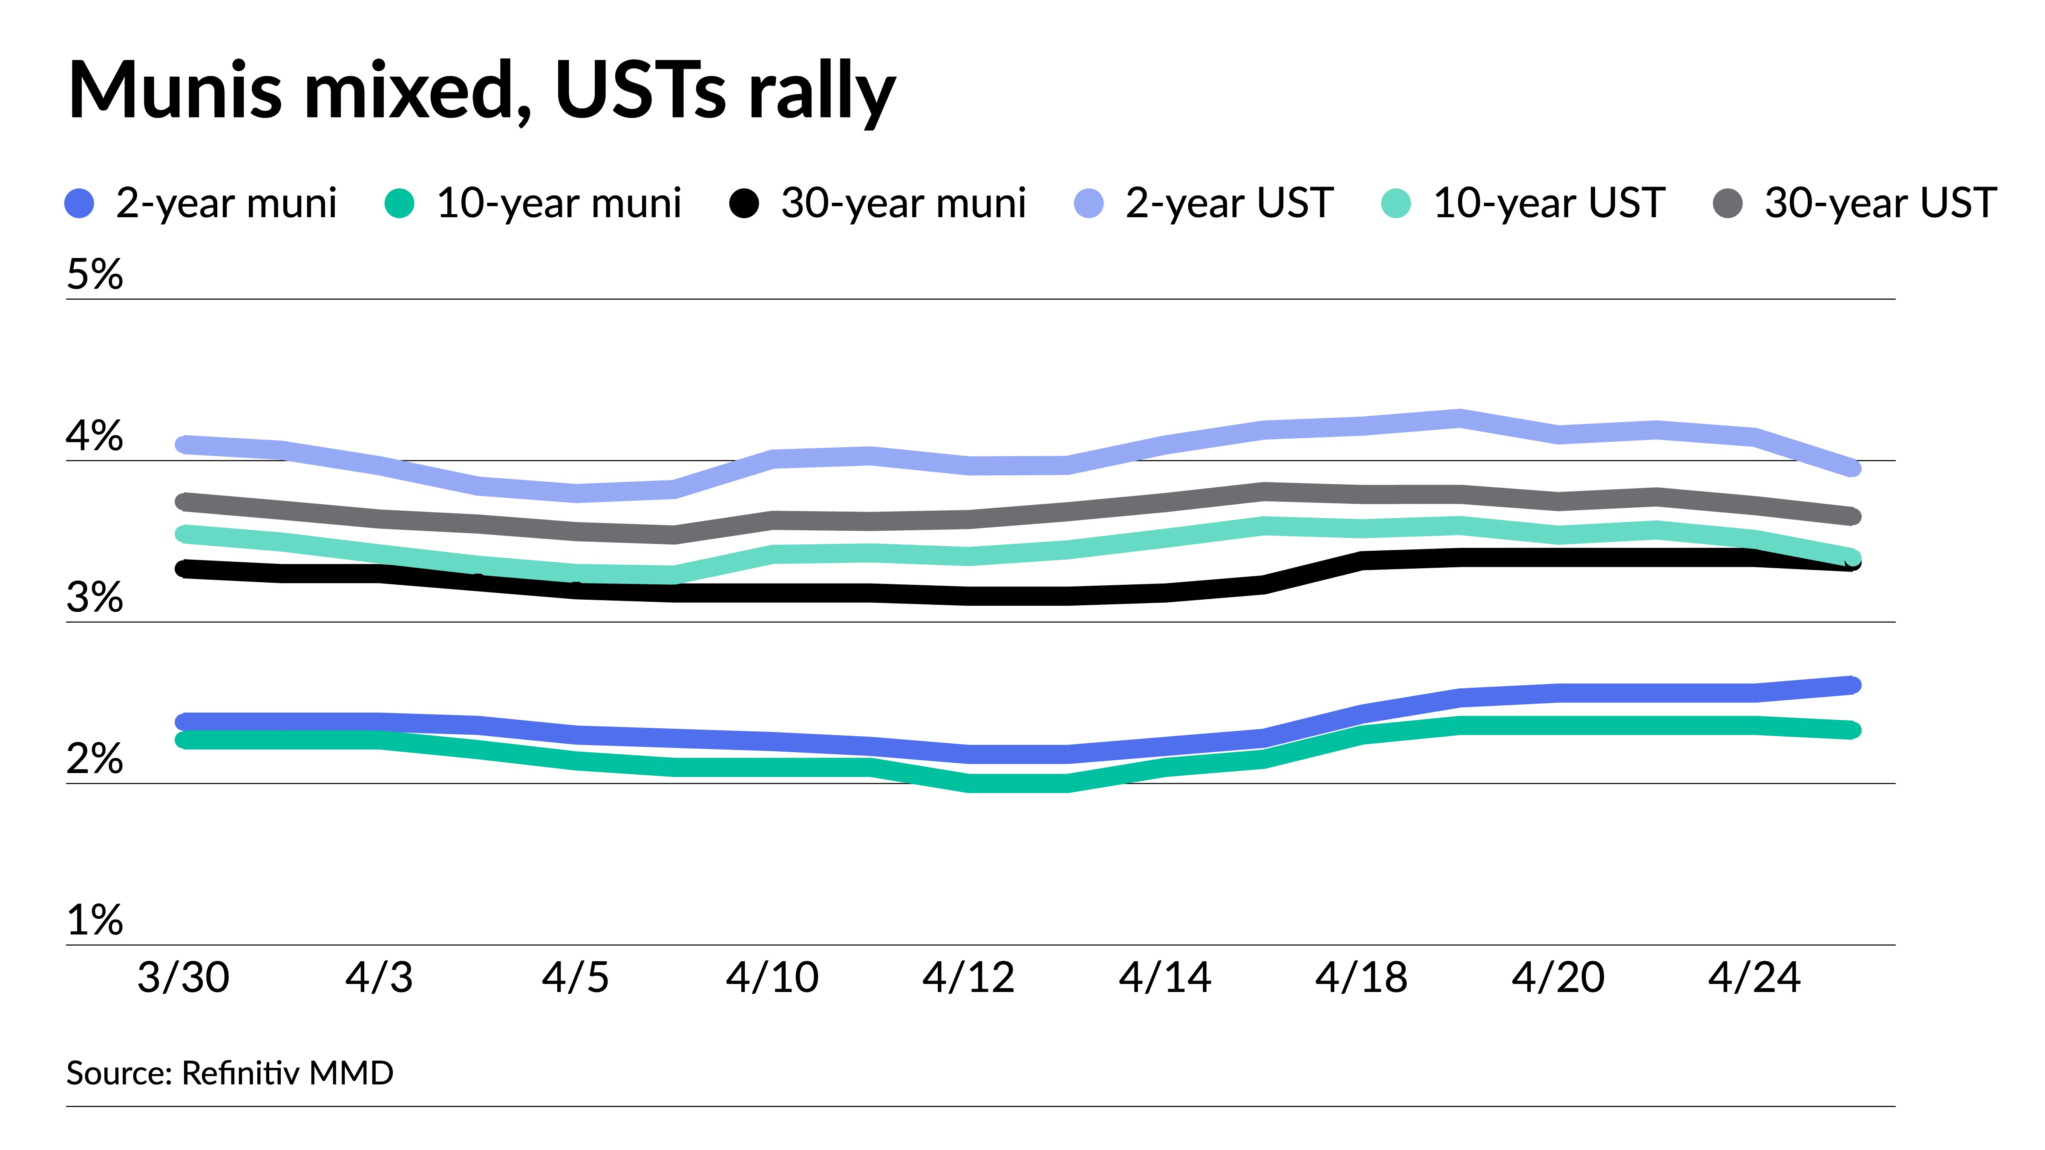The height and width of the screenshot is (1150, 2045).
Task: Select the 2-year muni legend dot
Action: point(79,203)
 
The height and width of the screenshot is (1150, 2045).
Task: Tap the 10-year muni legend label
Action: point(559,203)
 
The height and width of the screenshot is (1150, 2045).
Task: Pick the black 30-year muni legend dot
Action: point(744,203)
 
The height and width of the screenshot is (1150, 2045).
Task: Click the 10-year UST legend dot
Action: point(1397,203)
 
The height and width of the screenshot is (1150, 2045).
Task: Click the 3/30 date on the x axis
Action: point(183,977)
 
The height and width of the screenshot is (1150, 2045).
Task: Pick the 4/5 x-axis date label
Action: point(576,977)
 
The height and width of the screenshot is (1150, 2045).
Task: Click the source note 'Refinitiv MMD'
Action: point(288,1073)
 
